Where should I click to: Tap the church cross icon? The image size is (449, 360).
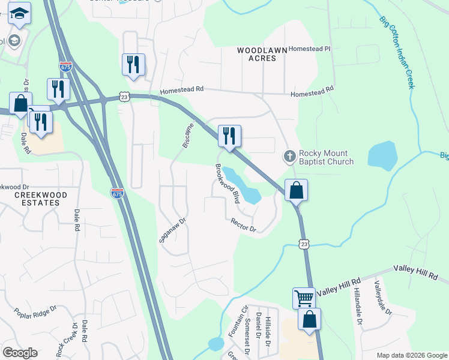pyautogui.click(x=289, y=157)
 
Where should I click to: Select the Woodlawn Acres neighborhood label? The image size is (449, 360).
pyautogui.click(x=265, y=54)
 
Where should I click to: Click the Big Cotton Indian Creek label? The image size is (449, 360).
pyautogui.click(x=397, y=52)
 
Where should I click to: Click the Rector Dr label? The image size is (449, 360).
pyautogui.click(x=243, y=225)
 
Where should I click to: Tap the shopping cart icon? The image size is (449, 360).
pyautogui.click(x=304, y=297)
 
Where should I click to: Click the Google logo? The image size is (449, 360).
pyautogui.click(x=20, y=353)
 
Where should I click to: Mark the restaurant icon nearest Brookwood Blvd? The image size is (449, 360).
pyautogui.click(x=229, y=136)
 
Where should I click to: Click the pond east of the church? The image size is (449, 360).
pyautogui.click(x=382, y=155)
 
